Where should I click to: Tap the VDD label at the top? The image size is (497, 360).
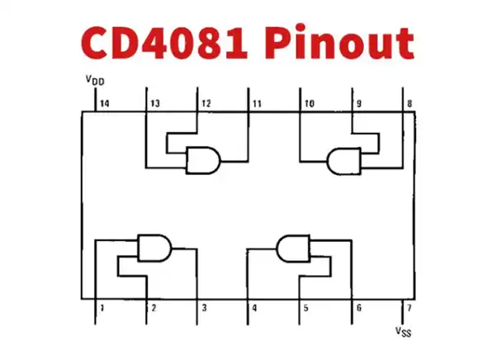tap(94, 80)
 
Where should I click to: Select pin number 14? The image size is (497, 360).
tap(103, 104)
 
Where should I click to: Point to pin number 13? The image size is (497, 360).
tap(154, 104)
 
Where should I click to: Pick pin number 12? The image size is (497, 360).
tap(206, 104)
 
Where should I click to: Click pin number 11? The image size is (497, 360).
tap(257, 104)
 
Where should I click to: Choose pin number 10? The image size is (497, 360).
tap(308, 104)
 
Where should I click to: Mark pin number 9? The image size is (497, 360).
tap(358, 104)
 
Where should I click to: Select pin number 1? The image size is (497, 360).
tap(102, 308)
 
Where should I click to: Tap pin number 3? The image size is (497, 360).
tap(203, 308)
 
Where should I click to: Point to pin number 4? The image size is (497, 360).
tap(254, 308)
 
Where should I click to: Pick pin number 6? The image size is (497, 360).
tap(357, 308)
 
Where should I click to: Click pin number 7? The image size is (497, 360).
tap(408, 308)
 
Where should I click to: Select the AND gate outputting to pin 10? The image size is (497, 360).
tap(346, 159)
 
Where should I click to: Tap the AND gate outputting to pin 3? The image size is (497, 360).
tap(154, 247)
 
